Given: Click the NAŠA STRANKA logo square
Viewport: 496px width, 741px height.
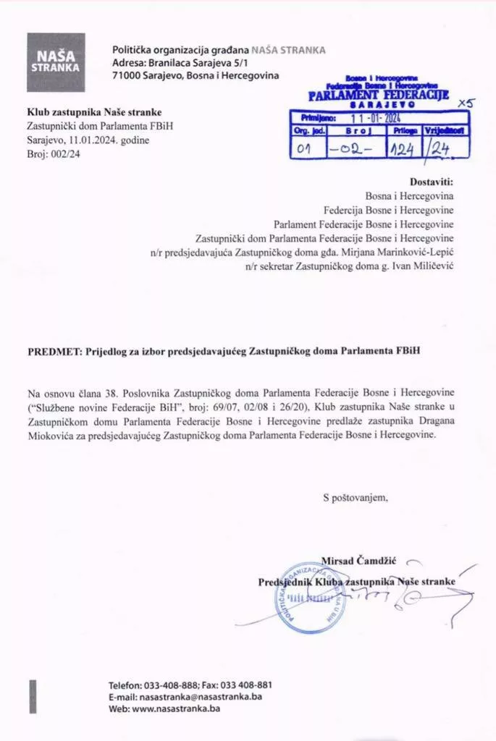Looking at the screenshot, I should (56, 62).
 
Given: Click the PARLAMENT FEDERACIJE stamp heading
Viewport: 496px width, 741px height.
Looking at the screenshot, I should (378, 95).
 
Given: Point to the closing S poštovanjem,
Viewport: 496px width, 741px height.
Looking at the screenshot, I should (356, 497).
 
